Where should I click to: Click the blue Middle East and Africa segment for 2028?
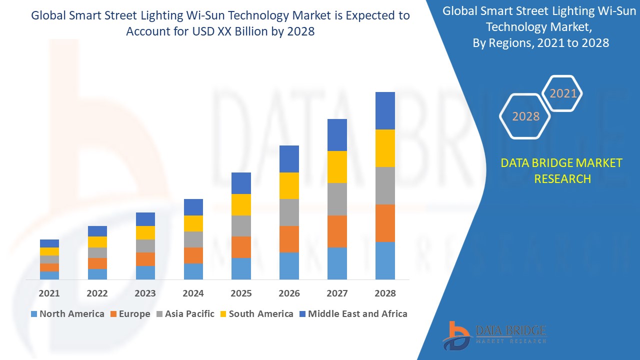tap(385, 110)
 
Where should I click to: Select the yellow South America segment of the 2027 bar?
tap(337, 167)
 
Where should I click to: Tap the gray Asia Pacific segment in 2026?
tap(289, 212)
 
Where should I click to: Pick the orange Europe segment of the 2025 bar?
tap(241, 247)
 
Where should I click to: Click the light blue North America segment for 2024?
tap(193, 271)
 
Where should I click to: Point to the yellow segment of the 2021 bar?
tap(49, 251)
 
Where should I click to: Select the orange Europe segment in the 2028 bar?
tap(385, 223)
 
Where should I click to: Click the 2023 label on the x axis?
tap(145, 293)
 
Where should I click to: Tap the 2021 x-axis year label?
tap(49, 293)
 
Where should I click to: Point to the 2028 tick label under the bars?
tap(385, 293)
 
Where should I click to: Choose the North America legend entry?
tap(67, 314)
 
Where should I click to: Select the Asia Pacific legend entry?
tap(184, 314)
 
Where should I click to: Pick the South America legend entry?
tap(256, 314)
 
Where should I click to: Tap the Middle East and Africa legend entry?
tap(352, 314)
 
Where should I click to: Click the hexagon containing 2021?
tap(563, 93)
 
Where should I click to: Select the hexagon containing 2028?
tap(525, 116)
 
